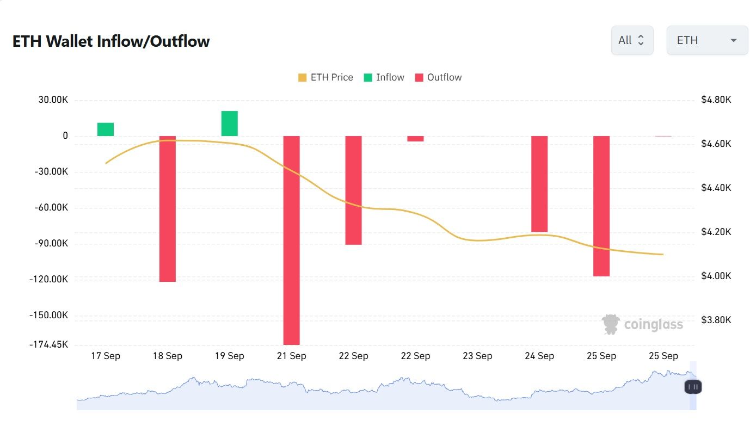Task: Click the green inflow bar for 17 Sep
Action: pyautogui.click(x=106, y=129)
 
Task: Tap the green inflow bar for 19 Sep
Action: pyautogui.click(x=230, y=124)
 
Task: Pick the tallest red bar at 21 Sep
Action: pyautogui.click(x=292, y=240)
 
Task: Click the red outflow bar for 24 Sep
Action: pyautogui.click(x=539, y=184)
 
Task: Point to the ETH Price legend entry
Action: pyautogui.click(x=325, y=77)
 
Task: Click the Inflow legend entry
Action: pyautogui.click(x=384, y=77)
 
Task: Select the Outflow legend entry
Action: pyautogui.click(x=438, y=77)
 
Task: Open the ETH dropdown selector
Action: pyautogui.click(x=707, y=40)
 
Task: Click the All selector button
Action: pyautogui.click(x=632, y=40)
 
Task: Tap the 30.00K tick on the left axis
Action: pyautogui.click(x=53, y=100)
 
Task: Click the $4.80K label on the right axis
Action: pyautogui.click(x=716, y=100)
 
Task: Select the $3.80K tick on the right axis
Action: pyautogui.click(x=716, y=320)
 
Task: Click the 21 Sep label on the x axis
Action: pyautogui.click(x=291, y=356)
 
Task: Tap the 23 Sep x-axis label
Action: pyautogui.click(x=477, y=356)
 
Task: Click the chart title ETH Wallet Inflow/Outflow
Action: pyautogui.click(x=111, y=41)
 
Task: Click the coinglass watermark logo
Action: pyautogui.click(x=642, y=325)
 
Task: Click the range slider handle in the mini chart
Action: pyautogui.click(x=693, y=387)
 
